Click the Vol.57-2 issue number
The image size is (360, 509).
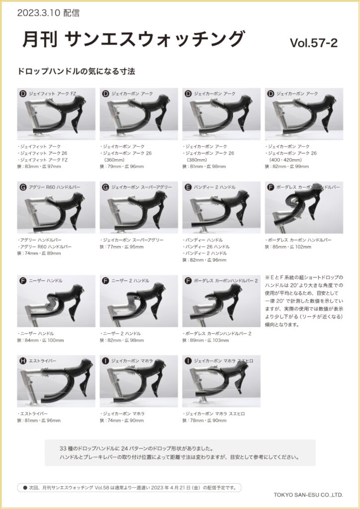coord(314,43)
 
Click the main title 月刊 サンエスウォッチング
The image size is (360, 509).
coord(133,39)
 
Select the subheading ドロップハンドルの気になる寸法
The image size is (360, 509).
coord(76,72)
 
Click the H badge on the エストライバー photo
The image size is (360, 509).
coord(23,361)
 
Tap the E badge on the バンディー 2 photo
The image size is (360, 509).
coord(188,187)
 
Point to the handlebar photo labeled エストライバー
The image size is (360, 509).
coord(56,381)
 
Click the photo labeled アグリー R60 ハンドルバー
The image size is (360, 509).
coord(56,207)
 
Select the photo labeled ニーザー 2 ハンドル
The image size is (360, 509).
coord(139,301)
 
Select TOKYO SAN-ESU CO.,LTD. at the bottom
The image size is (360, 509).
coord(308,495)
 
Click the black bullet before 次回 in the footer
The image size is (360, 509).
coord(25,488)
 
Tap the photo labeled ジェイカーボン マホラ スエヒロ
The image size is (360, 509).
coord(221,381)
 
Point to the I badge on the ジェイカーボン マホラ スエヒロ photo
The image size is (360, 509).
coord(188,361)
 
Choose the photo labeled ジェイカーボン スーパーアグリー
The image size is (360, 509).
coord(139,207)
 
